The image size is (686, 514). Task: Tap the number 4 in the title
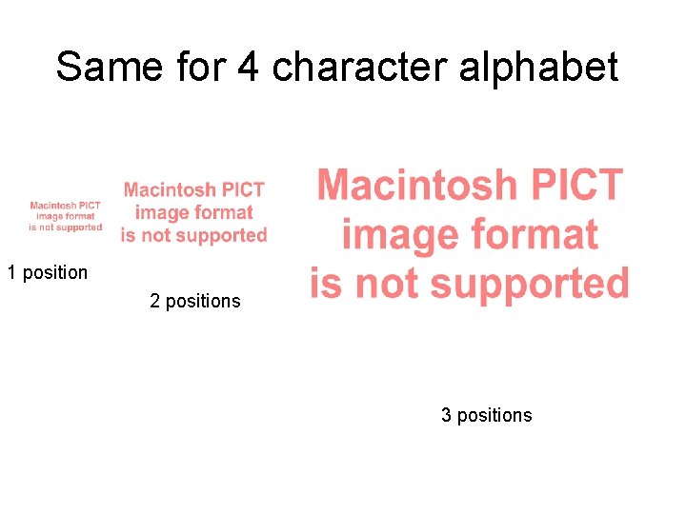click(x=250, y=68)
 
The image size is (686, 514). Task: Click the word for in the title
click(x=201, y=68)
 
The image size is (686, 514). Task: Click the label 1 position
click(x=48, y=273)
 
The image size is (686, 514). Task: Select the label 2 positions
click(x=195, y=302)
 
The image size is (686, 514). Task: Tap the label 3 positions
click(x=486, y=416)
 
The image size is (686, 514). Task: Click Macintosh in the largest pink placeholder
click(x=426, y=185)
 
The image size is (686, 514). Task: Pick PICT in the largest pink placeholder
click(x=582, y=185)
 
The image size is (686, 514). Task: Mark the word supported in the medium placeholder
click(x=228, y=235)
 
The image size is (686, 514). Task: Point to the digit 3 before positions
click(x=446, y=416)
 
